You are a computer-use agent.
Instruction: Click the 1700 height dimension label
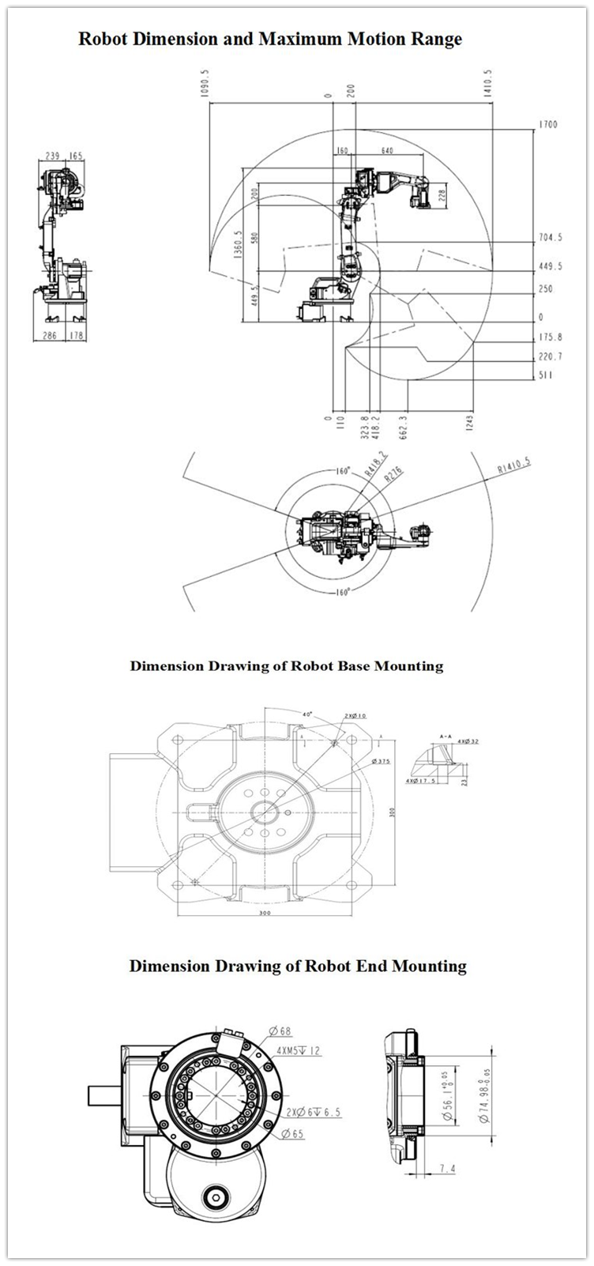click(x=548, y=125)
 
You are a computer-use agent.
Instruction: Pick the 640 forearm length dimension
click(x=387, y=150)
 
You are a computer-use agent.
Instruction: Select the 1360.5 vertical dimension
click(x=239, y=246)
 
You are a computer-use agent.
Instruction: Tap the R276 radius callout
click(x=393, y=476)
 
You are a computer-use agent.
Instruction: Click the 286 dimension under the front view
click(x=50, y=336)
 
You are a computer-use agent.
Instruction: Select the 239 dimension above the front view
click(x=52, y=156)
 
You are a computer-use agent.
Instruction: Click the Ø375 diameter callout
click(x=382, y=761)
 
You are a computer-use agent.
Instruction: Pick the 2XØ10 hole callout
click(x=355, y=716)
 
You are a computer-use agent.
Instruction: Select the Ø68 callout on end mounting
click(x=280, y=1031)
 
